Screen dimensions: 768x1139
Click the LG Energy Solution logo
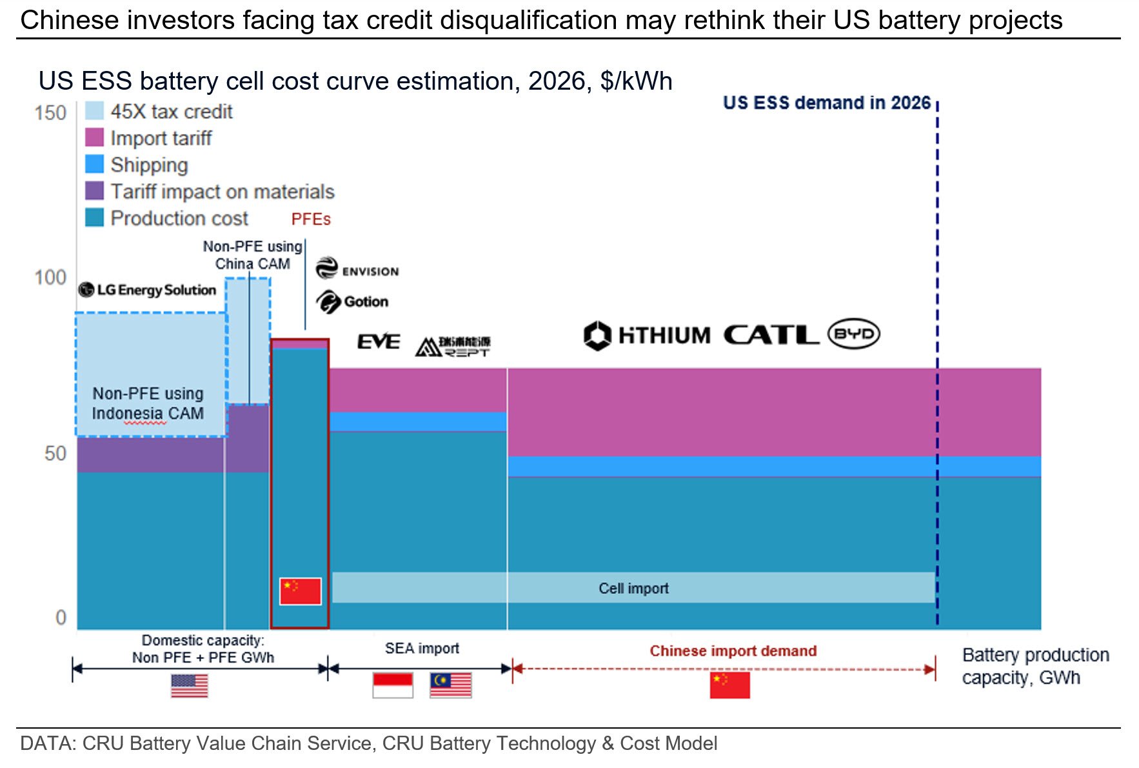[147, 290]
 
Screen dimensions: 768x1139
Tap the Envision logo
[357, 268]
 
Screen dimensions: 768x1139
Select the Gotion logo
[352, 301]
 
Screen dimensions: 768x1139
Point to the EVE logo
[379, 341]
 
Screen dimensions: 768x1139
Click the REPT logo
[453, 346]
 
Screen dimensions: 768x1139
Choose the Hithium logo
[647, 336]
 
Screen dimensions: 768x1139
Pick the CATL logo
[771, 335]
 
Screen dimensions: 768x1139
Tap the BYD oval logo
[854, 334]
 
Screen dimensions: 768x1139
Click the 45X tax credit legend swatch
[94, 111]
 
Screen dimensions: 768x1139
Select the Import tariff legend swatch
[94, 137]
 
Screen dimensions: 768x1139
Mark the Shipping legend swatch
[94, 165]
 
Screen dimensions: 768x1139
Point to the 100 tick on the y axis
[50, 278]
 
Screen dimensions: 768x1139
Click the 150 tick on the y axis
[50, 113]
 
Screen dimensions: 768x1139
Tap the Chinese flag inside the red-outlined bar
[300, 591]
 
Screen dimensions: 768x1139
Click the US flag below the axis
[190, 686]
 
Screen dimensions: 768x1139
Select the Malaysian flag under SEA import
[451, 685]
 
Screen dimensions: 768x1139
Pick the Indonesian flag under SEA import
[393, 685]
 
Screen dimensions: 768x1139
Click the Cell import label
[633, 589]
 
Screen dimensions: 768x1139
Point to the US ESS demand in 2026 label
[826, 103]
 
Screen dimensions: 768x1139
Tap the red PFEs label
[311, 219]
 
